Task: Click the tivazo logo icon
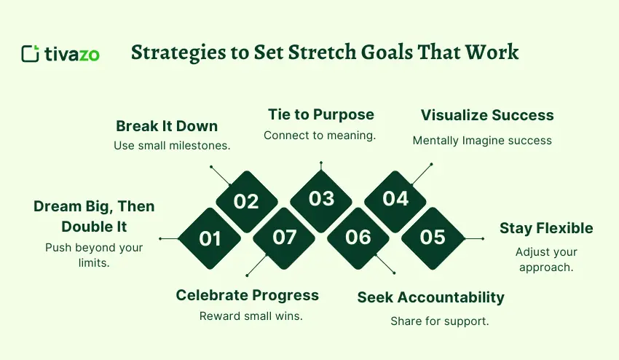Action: [x=31, y=54]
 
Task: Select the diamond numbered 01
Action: [x=210, y=238]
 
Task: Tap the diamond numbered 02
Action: [x=246, y=201]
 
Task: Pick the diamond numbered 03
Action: [x=321, y=199]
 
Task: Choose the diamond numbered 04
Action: [x=395, y=199]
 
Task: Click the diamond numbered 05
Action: [x=433, y=238]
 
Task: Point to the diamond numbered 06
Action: [x=358, y=238]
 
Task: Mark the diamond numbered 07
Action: [x=284, y=238]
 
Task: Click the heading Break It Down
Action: [x=167, y=125]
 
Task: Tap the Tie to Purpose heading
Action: [x=321, y=114]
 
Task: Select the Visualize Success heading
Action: [x=487, y=115]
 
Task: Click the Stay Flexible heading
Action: [x=546, y=228]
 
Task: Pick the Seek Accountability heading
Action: [x=430, y=297]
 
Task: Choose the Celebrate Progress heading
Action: [x=248, y=295]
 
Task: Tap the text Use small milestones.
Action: [x=172, y=146]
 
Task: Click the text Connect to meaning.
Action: [x=320, y=136]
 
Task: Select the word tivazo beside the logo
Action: [x=71, y=54]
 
